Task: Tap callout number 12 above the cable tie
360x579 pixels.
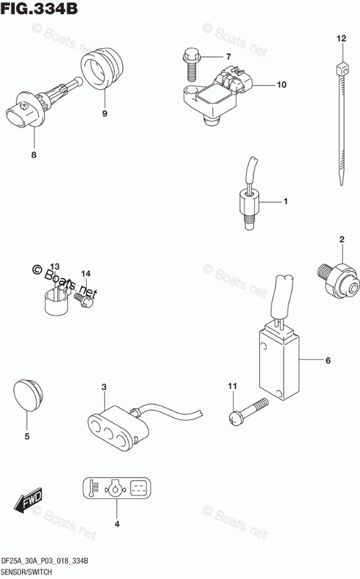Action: [341, 39]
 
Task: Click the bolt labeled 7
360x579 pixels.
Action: [191, 63]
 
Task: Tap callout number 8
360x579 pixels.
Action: [33, 155]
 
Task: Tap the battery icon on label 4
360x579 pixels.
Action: [138, 488]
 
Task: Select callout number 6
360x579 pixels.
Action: [328, 360]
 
